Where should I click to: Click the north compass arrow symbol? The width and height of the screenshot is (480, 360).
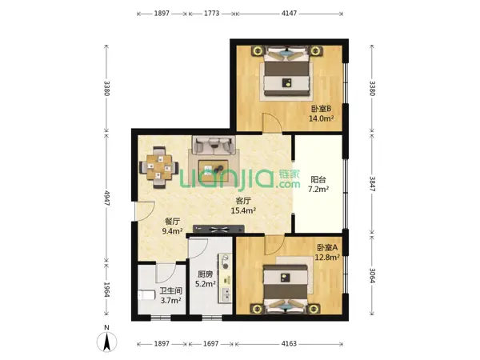point(106,342)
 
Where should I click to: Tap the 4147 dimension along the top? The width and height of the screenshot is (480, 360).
point(290,14)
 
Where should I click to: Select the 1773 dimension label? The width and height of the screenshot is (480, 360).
point(212,14)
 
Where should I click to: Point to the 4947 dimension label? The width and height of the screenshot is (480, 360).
point(106,198)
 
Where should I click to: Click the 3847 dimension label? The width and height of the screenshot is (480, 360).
point(372,184)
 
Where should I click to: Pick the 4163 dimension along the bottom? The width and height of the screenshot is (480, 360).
point(289,343)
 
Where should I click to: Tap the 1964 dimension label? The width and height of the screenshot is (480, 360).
point(106,290)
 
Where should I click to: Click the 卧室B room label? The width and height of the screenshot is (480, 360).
point(322,109)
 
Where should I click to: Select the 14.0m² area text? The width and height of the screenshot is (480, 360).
point(321,118)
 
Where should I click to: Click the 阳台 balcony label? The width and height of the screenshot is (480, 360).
point(318,180)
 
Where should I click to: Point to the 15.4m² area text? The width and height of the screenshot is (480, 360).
point(243,210)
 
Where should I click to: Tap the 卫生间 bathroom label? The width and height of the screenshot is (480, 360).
point(171,290)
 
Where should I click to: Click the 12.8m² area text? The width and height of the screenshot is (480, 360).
point(327,257)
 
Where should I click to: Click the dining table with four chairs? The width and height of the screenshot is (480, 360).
point(159,167)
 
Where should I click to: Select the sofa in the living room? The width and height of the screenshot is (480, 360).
point(214,145)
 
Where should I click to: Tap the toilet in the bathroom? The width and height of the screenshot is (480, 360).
point(146,294)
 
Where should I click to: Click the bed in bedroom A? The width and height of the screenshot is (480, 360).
point(286,289)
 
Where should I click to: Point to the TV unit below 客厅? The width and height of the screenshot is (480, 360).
point(218,229)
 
